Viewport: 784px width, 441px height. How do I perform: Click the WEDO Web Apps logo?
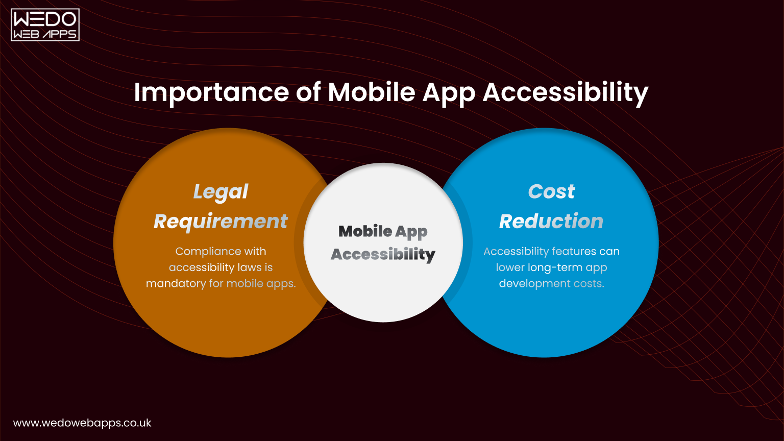(x=45, y=24)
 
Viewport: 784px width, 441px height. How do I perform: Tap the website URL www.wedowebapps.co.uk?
(x=82, y=423)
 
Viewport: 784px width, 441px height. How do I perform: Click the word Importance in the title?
(x=211, y=92)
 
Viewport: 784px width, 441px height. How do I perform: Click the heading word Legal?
(x=220, y=192)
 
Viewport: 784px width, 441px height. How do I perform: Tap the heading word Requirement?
(x=220, y=222)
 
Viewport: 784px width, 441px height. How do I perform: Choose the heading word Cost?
(x=551, y=192)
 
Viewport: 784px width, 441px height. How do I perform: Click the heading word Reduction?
(x=551, y=222)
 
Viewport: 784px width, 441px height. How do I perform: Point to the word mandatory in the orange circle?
(x=176, y=284)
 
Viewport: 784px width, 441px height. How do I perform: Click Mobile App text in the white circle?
(x=383, y=232)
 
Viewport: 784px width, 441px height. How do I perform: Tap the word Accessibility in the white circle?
(x=383, y=254)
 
